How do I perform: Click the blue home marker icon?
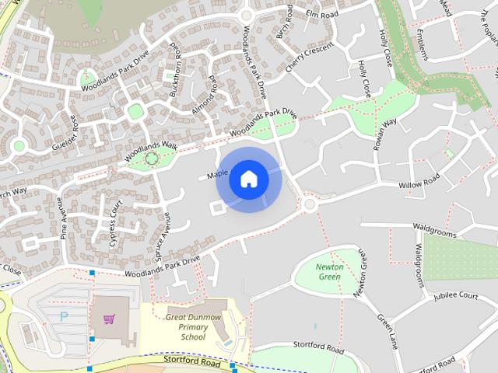[x=249, y=180]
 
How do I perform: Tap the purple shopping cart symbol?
[x=109, y=319]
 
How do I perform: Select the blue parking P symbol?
[x=64, y=316]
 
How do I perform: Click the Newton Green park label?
[x=329, y=272]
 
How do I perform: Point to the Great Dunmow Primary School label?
[x=192, y=327]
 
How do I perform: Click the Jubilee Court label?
[x=456, y=295]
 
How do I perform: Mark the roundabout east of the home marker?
[x=309, y=204]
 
